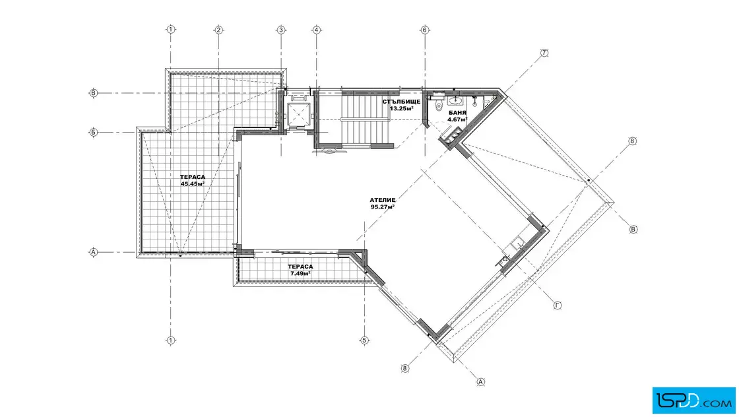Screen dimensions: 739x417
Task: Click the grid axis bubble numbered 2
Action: pos(218,30)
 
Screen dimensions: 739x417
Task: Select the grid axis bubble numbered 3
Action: pos(281,30)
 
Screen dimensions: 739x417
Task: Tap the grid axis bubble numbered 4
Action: pos(316,30)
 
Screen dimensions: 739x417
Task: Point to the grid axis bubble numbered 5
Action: pos(364,340)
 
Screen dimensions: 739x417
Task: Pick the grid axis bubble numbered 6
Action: pos(425,30)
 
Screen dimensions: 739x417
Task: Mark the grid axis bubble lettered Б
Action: pos(93,133)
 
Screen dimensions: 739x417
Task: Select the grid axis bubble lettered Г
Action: pos(557,305)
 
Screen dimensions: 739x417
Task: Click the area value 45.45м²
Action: pos(192,184)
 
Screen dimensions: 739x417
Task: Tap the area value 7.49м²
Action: pos(300,273)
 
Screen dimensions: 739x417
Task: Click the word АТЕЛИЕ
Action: pos(382,201)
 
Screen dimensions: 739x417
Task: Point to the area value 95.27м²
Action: pos(382,207)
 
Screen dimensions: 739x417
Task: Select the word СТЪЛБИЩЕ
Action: pos(401,102)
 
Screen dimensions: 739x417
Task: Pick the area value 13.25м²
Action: pos(401,108)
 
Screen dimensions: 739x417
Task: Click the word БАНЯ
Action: pos(457,113)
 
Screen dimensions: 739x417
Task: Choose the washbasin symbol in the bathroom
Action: pos(455,100)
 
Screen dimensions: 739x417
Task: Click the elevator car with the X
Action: pos(299,114)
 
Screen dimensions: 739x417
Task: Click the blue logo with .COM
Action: pos(693,401)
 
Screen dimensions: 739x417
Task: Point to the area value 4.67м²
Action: pos(457,119)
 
